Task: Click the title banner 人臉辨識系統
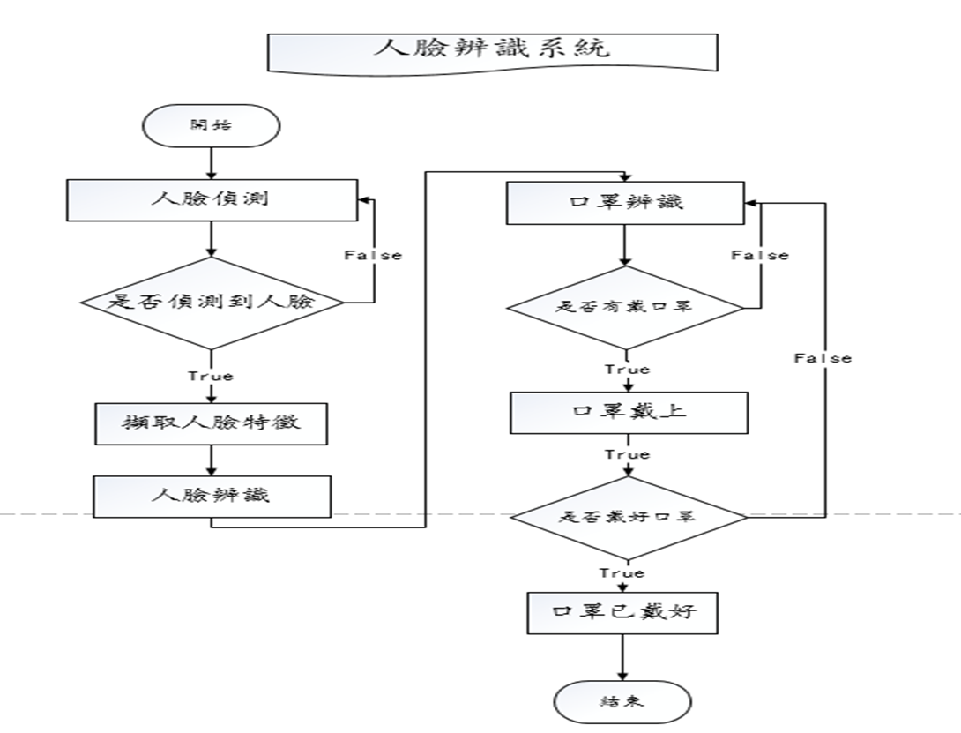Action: point(492,50)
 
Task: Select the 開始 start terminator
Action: point(211,124)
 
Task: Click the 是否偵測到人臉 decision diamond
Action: point(211,302)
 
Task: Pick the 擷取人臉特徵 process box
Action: point(211,422)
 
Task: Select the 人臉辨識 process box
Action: point(211,495)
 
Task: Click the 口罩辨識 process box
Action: point(625,202)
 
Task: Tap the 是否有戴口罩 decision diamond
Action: point(625,308)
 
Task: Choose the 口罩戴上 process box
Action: point(629,411)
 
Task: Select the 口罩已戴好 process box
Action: point(623,610)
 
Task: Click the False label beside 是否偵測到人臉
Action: point(372,255)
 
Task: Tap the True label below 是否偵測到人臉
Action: point(211,376)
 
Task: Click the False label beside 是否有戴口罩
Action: point(760,255)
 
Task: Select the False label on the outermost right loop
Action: point(823,357)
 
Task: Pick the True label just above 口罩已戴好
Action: point(622,573)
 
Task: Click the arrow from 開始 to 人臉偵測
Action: point(211,163)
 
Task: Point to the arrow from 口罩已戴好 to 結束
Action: point(623,657)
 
